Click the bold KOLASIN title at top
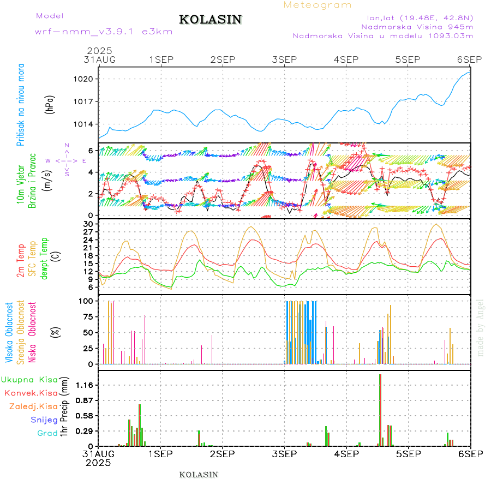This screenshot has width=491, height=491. [x=210, y=20]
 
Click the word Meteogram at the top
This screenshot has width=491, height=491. [x=318, y=5]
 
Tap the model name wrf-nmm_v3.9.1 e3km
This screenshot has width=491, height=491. [x=104, y=31]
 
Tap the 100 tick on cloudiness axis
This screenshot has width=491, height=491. [x=86, y=301]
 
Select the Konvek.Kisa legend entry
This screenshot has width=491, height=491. [x=31, y=393]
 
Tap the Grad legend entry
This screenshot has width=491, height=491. [x=47, y=433]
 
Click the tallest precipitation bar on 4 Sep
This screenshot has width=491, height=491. [x=380, y=409]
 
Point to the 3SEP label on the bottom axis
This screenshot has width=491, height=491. [x=284, y=453]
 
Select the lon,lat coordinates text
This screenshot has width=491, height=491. [x=420, y=17]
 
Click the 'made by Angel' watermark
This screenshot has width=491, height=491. [x=481, y=327]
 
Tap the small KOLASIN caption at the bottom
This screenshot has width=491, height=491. [x=199, y=475]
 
